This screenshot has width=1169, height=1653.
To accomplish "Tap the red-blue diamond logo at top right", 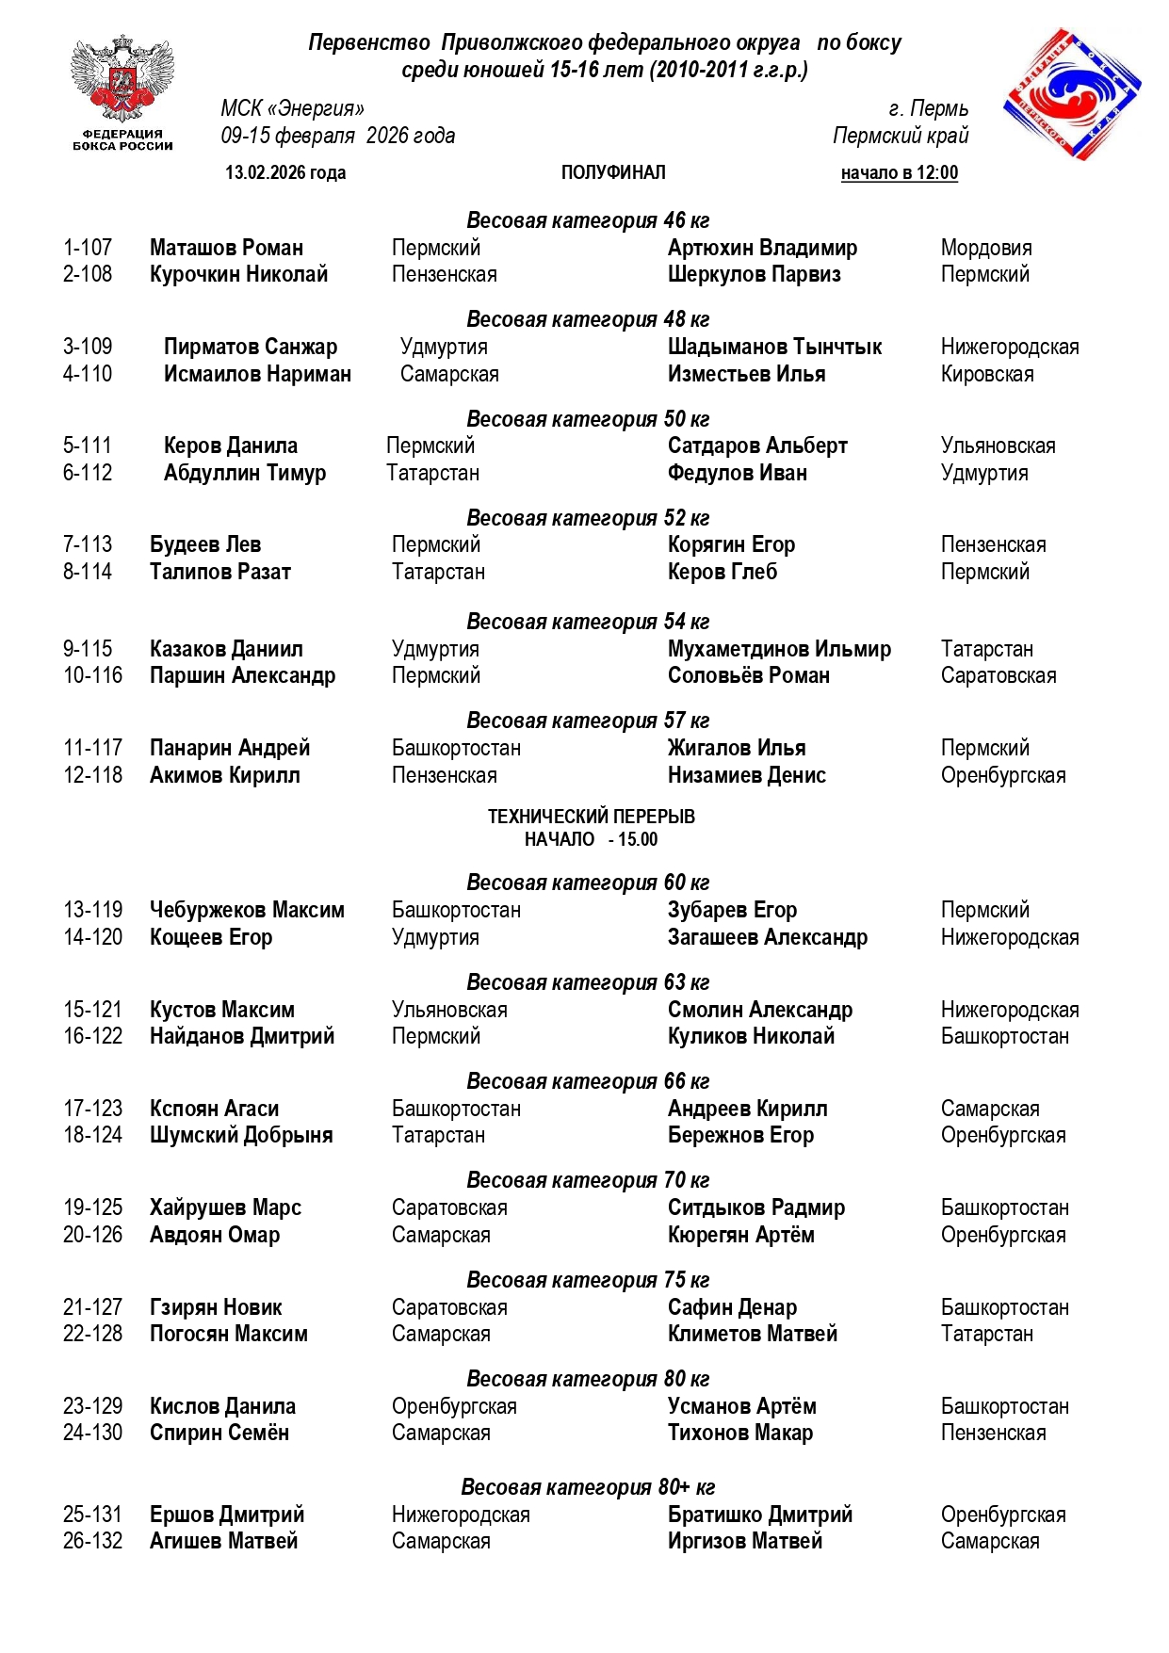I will click(x=1072, y=91).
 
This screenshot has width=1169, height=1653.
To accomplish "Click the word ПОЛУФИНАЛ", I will click(x=613, y=172).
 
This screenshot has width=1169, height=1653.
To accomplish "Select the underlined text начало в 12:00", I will click(x=899, y=172).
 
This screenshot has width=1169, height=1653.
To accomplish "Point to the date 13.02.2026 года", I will click(x=285, y=172).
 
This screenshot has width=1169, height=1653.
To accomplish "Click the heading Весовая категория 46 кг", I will click(x=588, y=220).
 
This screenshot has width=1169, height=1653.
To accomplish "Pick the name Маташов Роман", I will click(x=226, y=248).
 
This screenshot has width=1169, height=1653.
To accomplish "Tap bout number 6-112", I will click(x=88, y=473).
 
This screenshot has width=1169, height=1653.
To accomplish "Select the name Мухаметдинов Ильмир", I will click(x=779, y=649).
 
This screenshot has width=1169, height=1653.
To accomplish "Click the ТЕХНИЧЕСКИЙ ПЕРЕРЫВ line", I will click(x=591, y=817).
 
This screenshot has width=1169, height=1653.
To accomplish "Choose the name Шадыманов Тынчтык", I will click(x=774, y=347).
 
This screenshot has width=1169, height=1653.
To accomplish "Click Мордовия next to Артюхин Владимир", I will click(x=986, y=248).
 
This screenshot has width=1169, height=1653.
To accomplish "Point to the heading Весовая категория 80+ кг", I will click(x=588, y=1487).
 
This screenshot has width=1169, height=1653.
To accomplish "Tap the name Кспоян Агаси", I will click(x=214, y=1109).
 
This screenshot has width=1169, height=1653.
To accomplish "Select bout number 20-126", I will click(x=92, y=1235).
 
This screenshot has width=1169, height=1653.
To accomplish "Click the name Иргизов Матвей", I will click(x=745, y=1541).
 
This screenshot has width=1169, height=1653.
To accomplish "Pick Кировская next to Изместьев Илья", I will click(x=987, y=374).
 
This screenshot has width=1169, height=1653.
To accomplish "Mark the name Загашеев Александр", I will click(x=768, y=937).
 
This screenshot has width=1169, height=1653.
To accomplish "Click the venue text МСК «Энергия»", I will click(x=292, y=109).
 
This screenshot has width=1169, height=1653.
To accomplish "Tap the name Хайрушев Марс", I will click(x=225, y=1207).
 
